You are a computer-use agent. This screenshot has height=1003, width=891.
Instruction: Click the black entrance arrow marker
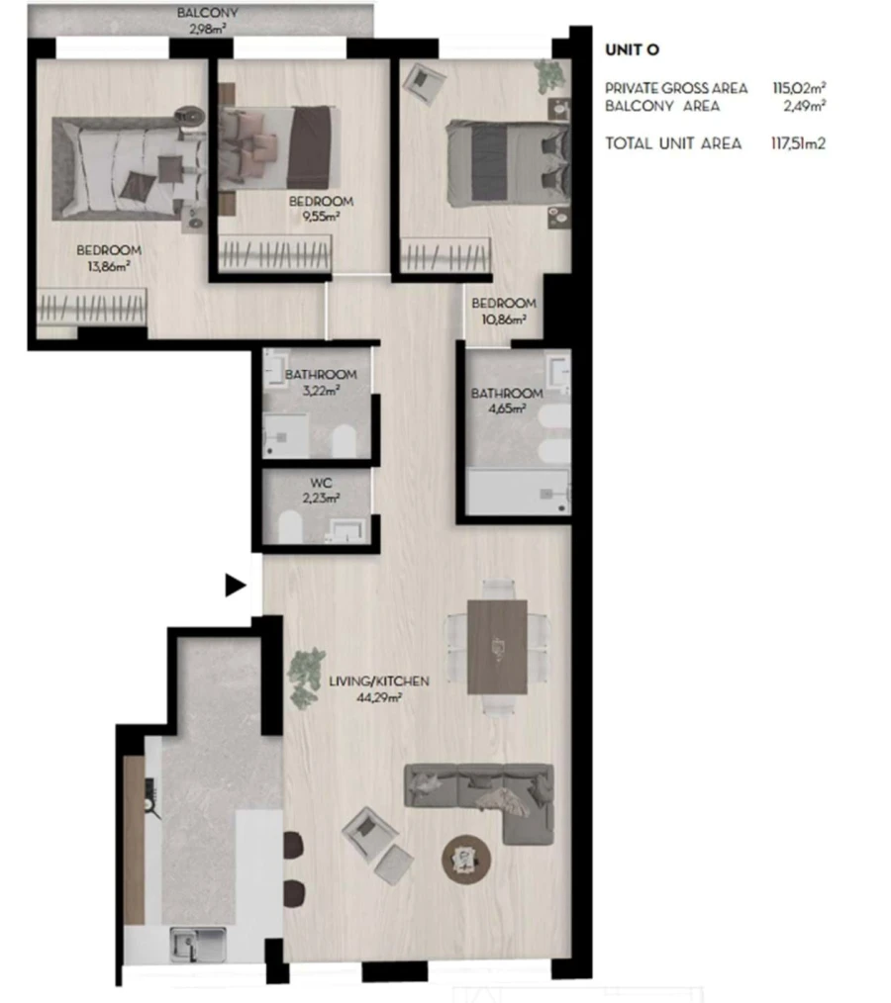(235, 586)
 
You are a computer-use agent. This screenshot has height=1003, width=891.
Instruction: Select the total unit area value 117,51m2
(798, 143)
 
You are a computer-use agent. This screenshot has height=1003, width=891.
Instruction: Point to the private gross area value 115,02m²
(799, 89)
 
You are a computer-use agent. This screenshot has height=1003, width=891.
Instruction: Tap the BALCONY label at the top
(207, 13)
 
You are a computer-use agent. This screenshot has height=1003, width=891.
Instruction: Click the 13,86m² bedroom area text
(108, 265)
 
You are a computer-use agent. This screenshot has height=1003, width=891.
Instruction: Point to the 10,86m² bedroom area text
(504, 319)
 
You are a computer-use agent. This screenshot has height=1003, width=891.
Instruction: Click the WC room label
(320, 484)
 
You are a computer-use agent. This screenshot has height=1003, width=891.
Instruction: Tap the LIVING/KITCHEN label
(380, 682)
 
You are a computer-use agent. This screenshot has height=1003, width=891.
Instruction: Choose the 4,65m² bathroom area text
(506, 409)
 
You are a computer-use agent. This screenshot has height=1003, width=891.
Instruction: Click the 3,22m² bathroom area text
(320, 390)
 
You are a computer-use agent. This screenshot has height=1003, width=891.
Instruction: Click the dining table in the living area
(497, 648)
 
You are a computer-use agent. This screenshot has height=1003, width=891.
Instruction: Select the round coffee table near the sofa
(464, 856)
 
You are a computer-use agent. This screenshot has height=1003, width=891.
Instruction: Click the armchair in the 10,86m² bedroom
(428, 81)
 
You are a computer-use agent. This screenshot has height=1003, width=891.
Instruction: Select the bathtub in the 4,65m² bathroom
(519, 492)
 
